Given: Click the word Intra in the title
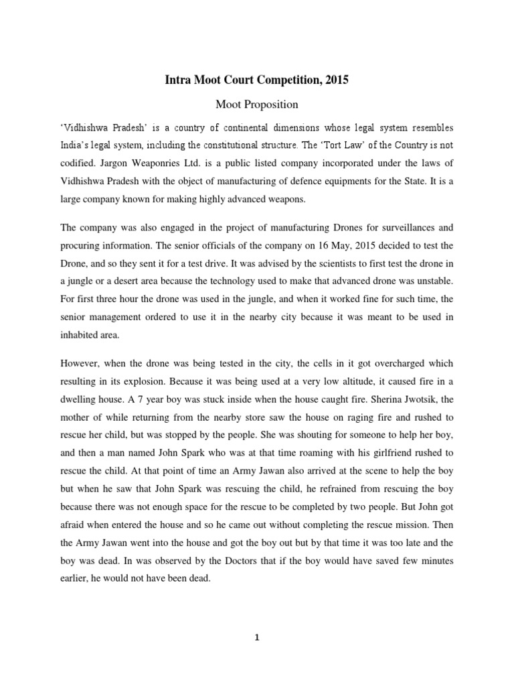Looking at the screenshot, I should [x=178, y=80].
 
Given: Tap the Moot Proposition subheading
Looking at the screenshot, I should [x=256, y=105].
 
